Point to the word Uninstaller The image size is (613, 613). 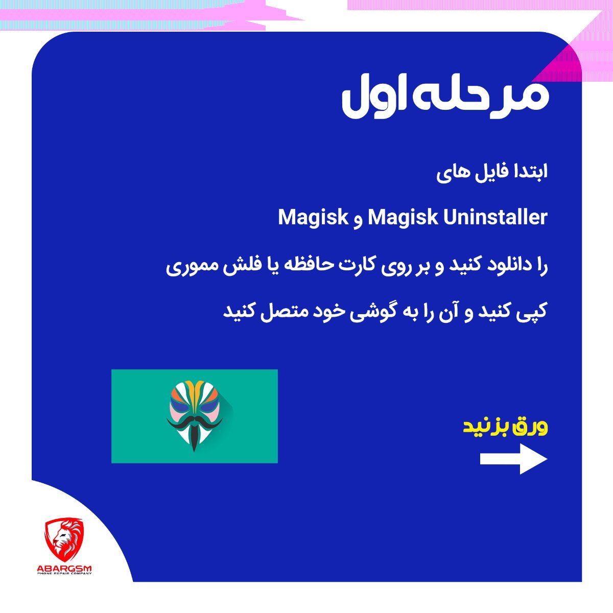[495, 218]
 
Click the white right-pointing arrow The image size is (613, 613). [513, 459]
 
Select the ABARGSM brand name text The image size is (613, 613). [64, 568]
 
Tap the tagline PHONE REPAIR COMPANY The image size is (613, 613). [64, 573]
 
